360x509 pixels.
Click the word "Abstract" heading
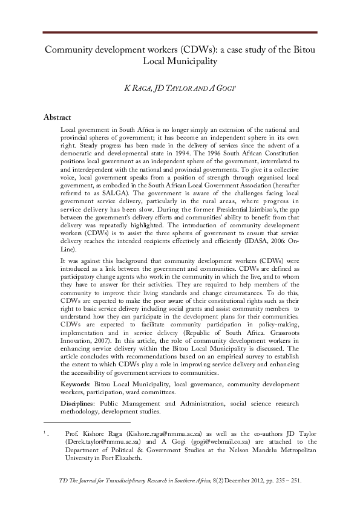[58, 117]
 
